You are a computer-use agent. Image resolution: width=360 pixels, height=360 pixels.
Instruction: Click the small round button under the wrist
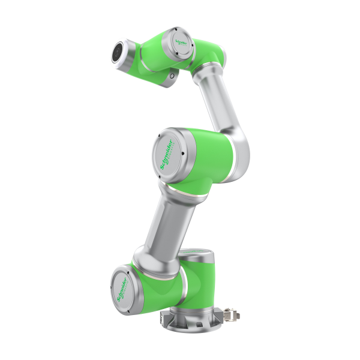click(x=173, y=76)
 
